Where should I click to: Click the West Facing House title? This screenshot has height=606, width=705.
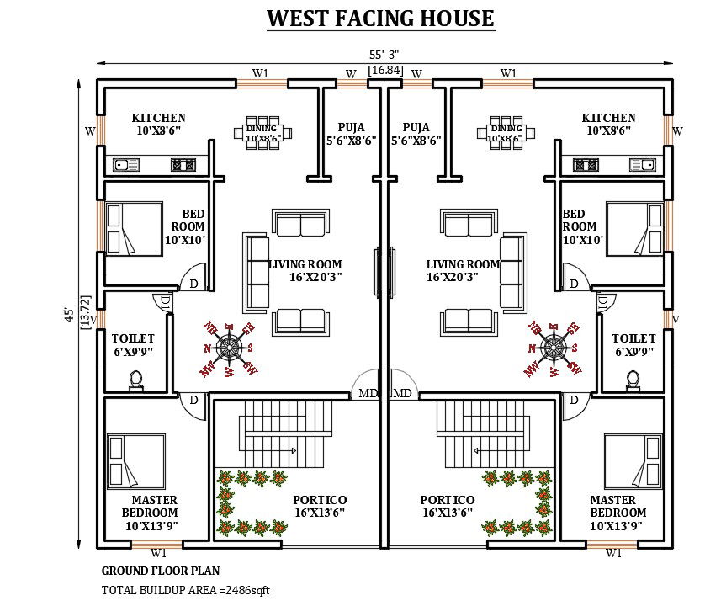click(380, 18)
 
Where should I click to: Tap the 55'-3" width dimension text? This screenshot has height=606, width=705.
click(384, 55)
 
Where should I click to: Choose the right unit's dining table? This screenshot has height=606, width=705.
click(506, 133)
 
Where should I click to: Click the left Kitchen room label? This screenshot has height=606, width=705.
click(158, 124)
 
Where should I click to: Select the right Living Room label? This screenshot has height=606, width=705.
click(462, 270)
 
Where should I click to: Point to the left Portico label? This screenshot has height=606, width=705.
click(320, 506)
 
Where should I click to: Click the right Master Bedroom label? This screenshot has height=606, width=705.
click(618, 513)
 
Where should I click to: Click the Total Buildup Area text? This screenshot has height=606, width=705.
click(185, 590)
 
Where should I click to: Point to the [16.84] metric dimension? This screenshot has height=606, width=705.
click(384, 71)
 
